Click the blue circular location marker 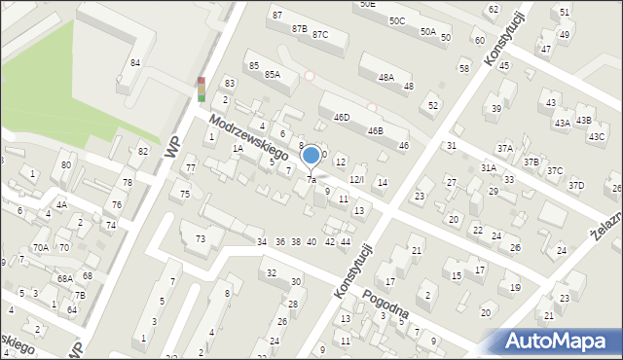pyautogui.click(x=311, y=154)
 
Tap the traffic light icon pyautogui.click(x=202, y=90)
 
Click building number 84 pyautogui.click(x=135, y=63)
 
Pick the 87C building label pyautogui.click(x=320, y=35)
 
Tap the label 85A pyautogui.click(x=273, y=74)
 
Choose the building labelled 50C pyautogui.click(x=396, y=20)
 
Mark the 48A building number pyautogui.click(x=386, y=77)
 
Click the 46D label pyautogui.click(x=341, y=117)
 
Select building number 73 pyautogui.click(x=201, y=238)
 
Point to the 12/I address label pyautogui.click(x=357, y=179)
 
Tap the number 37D pyautogui.click(x=576, y=185)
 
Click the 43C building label pyautogui.click(x=596, y=136)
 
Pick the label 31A pyautogui.click(x=489, y=167)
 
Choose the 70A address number pyautogui.click(x=40, y=248)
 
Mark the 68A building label pyautogui.click(x=64, y=278)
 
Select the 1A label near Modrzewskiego pyautogui.click(x=238, y=148)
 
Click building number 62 pyautogui.click(x=493, y=10)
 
